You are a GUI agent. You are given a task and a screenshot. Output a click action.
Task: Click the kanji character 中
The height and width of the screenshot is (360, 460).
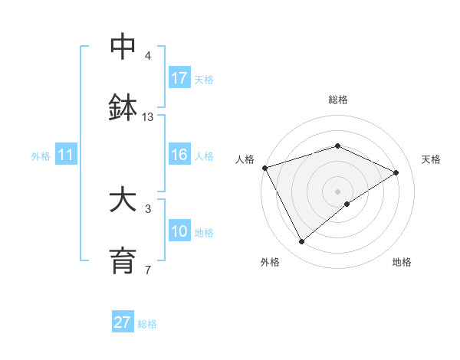click(x=123, y=47)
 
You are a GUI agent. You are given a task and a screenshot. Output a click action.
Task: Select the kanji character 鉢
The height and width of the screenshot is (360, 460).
click(x=123, y=108)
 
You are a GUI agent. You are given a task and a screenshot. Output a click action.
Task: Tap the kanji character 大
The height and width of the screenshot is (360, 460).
click(x=123, y=200)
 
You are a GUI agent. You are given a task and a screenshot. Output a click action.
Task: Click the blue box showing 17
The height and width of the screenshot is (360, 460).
click(x=179, y=78)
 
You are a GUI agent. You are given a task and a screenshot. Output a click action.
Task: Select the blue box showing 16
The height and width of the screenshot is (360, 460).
click(x=179, y=155)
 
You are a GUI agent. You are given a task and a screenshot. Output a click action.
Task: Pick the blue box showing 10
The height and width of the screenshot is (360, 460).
click(x=179, y=231)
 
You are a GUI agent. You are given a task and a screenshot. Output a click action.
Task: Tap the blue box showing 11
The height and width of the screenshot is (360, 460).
click(x=66, y=155)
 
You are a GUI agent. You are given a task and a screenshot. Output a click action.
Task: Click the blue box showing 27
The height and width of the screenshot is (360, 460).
click(x=123, y=322)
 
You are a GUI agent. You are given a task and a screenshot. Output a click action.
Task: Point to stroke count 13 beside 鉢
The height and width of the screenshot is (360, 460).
click(x=148, y=116)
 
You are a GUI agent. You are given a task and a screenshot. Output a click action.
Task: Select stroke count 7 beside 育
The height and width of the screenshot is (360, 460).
click(x=148, y=270)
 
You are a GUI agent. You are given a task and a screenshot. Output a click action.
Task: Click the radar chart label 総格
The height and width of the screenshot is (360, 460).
click(x=338, y=100)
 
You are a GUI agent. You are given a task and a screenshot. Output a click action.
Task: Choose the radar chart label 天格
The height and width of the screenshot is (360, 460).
click(x=432, y=159)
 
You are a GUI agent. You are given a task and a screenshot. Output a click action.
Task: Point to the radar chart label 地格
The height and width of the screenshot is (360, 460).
click(x=402, y=262)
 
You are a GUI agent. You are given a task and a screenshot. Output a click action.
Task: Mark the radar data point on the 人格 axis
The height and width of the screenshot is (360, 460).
click(x=264, y=168)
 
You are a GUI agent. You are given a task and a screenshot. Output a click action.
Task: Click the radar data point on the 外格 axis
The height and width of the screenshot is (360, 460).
click(x=301, y=242)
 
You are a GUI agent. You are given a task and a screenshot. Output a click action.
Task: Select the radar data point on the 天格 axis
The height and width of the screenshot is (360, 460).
click(x=396, y=172)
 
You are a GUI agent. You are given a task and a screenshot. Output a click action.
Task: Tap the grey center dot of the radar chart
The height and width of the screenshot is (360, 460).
click(x=338, y=191)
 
